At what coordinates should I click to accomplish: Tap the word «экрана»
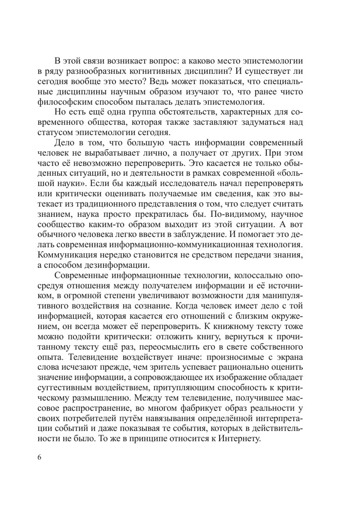(x=288, y=357)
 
